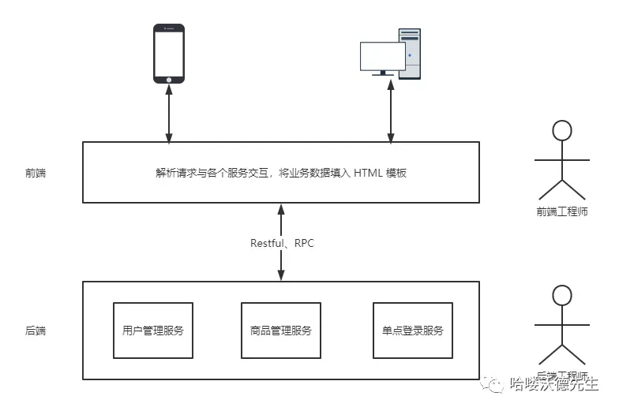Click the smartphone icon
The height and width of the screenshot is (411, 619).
tap(168, 54)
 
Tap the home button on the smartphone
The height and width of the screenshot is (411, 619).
tap(168, 79)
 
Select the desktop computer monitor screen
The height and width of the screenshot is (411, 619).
tap(382, 56)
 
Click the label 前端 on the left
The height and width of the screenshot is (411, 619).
tap(36, 173)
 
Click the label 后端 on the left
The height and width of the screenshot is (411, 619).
tap(36, 331)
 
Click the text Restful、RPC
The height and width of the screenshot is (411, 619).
tap(282, 243)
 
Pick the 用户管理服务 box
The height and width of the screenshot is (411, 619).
tap(153, 331)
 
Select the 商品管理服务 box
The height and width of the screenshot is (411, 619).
tap(280, 331)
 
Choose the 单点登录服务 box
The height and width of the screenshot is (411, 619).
tap(412, 331)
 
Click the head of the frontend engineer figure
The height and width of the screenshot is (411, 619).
tap(561, 131)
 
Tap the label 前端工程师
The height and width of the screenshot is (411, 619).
tap(561, 212)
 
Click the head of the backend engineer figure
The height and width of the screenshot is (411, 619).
tap(561, 296)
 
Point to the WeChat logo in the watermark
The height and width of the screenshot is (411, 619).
tap(497, 384)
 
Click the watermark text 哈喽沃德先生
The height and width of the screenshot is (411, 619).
tap(554, 384)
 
